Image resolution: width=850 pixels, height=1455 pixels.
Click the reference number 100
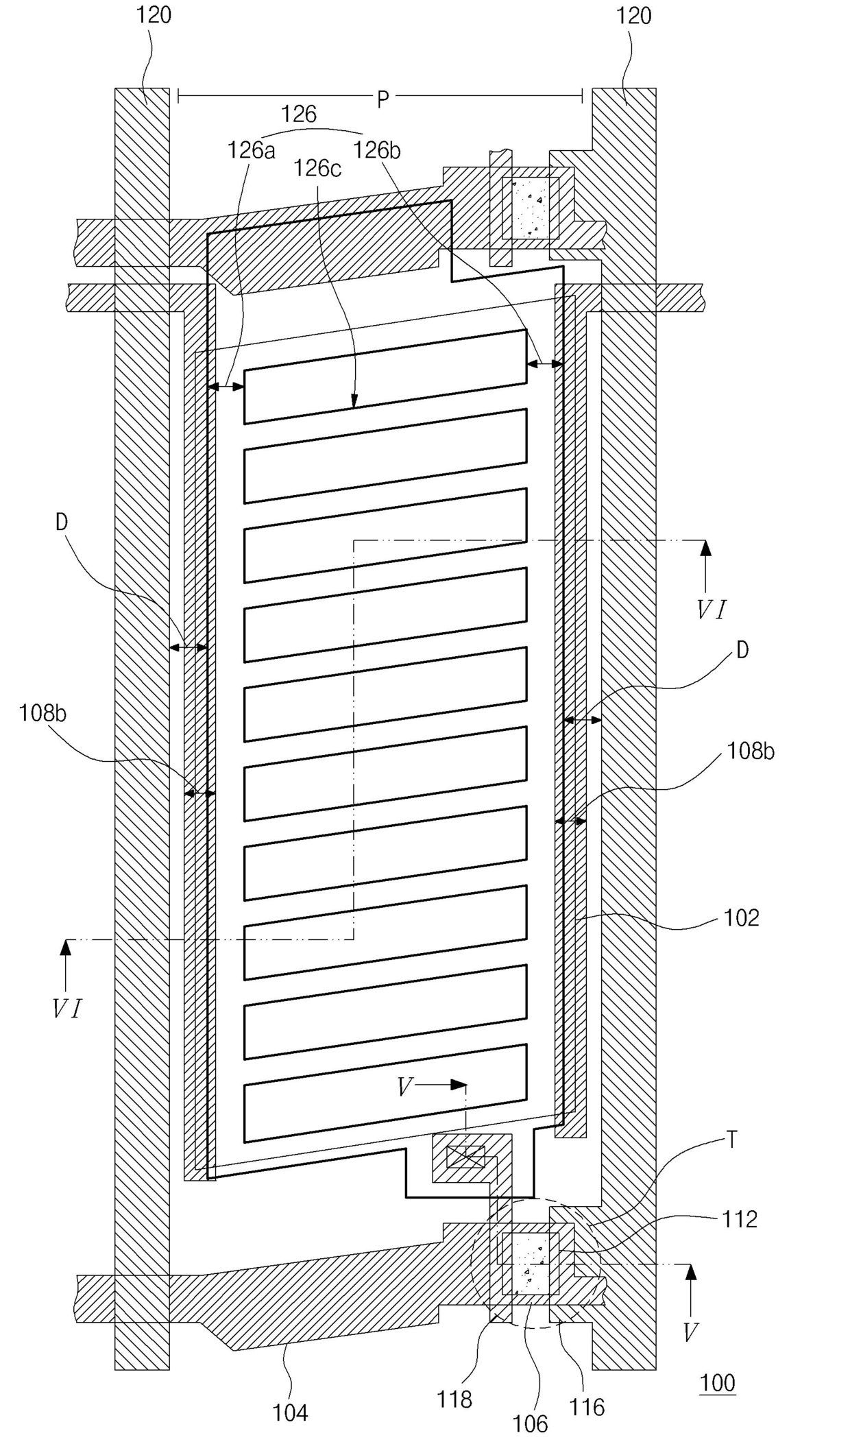point(717,1382)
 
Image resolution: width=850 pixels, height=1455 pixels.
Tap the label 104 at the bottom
point(290,1412)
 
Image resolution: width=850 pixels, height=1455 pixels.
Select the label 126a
point(252,150)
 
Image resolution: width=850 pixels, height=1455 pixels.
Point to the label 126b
point(376,150)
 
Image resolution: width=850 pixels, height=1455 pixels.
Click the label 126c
point(317,168)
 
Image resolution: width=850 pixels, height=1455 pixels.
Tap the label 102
point(741,917)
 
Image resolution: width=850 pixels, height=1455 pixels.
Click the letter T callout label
point(731,1140)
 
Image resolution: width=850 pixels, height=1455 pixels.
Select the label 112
point(739,1218)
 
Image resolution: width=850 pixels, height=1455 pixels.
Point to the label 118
point(454,1399)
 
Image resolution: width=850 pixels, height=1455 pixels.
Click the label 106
point(530,1424)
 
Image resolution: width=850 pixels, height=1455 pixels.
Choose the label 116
point(587,1408)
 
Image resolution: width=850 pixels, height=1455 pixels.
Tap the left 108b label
point(42,713)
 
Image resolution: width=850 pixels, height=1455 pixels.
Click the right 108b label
point(751,751)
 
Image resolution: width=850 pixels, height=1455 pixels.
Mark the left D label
point(62,522)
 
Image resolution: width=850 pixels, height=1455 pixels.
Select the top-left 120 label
point(154,15)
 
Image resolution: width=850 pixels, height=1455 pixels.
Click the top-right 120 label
point(633,15)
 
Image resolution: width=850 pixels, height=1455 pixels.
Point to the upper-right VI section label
point(712,610)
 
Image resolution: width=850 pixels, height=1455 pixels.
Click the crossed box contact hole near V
point(465,1158)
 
